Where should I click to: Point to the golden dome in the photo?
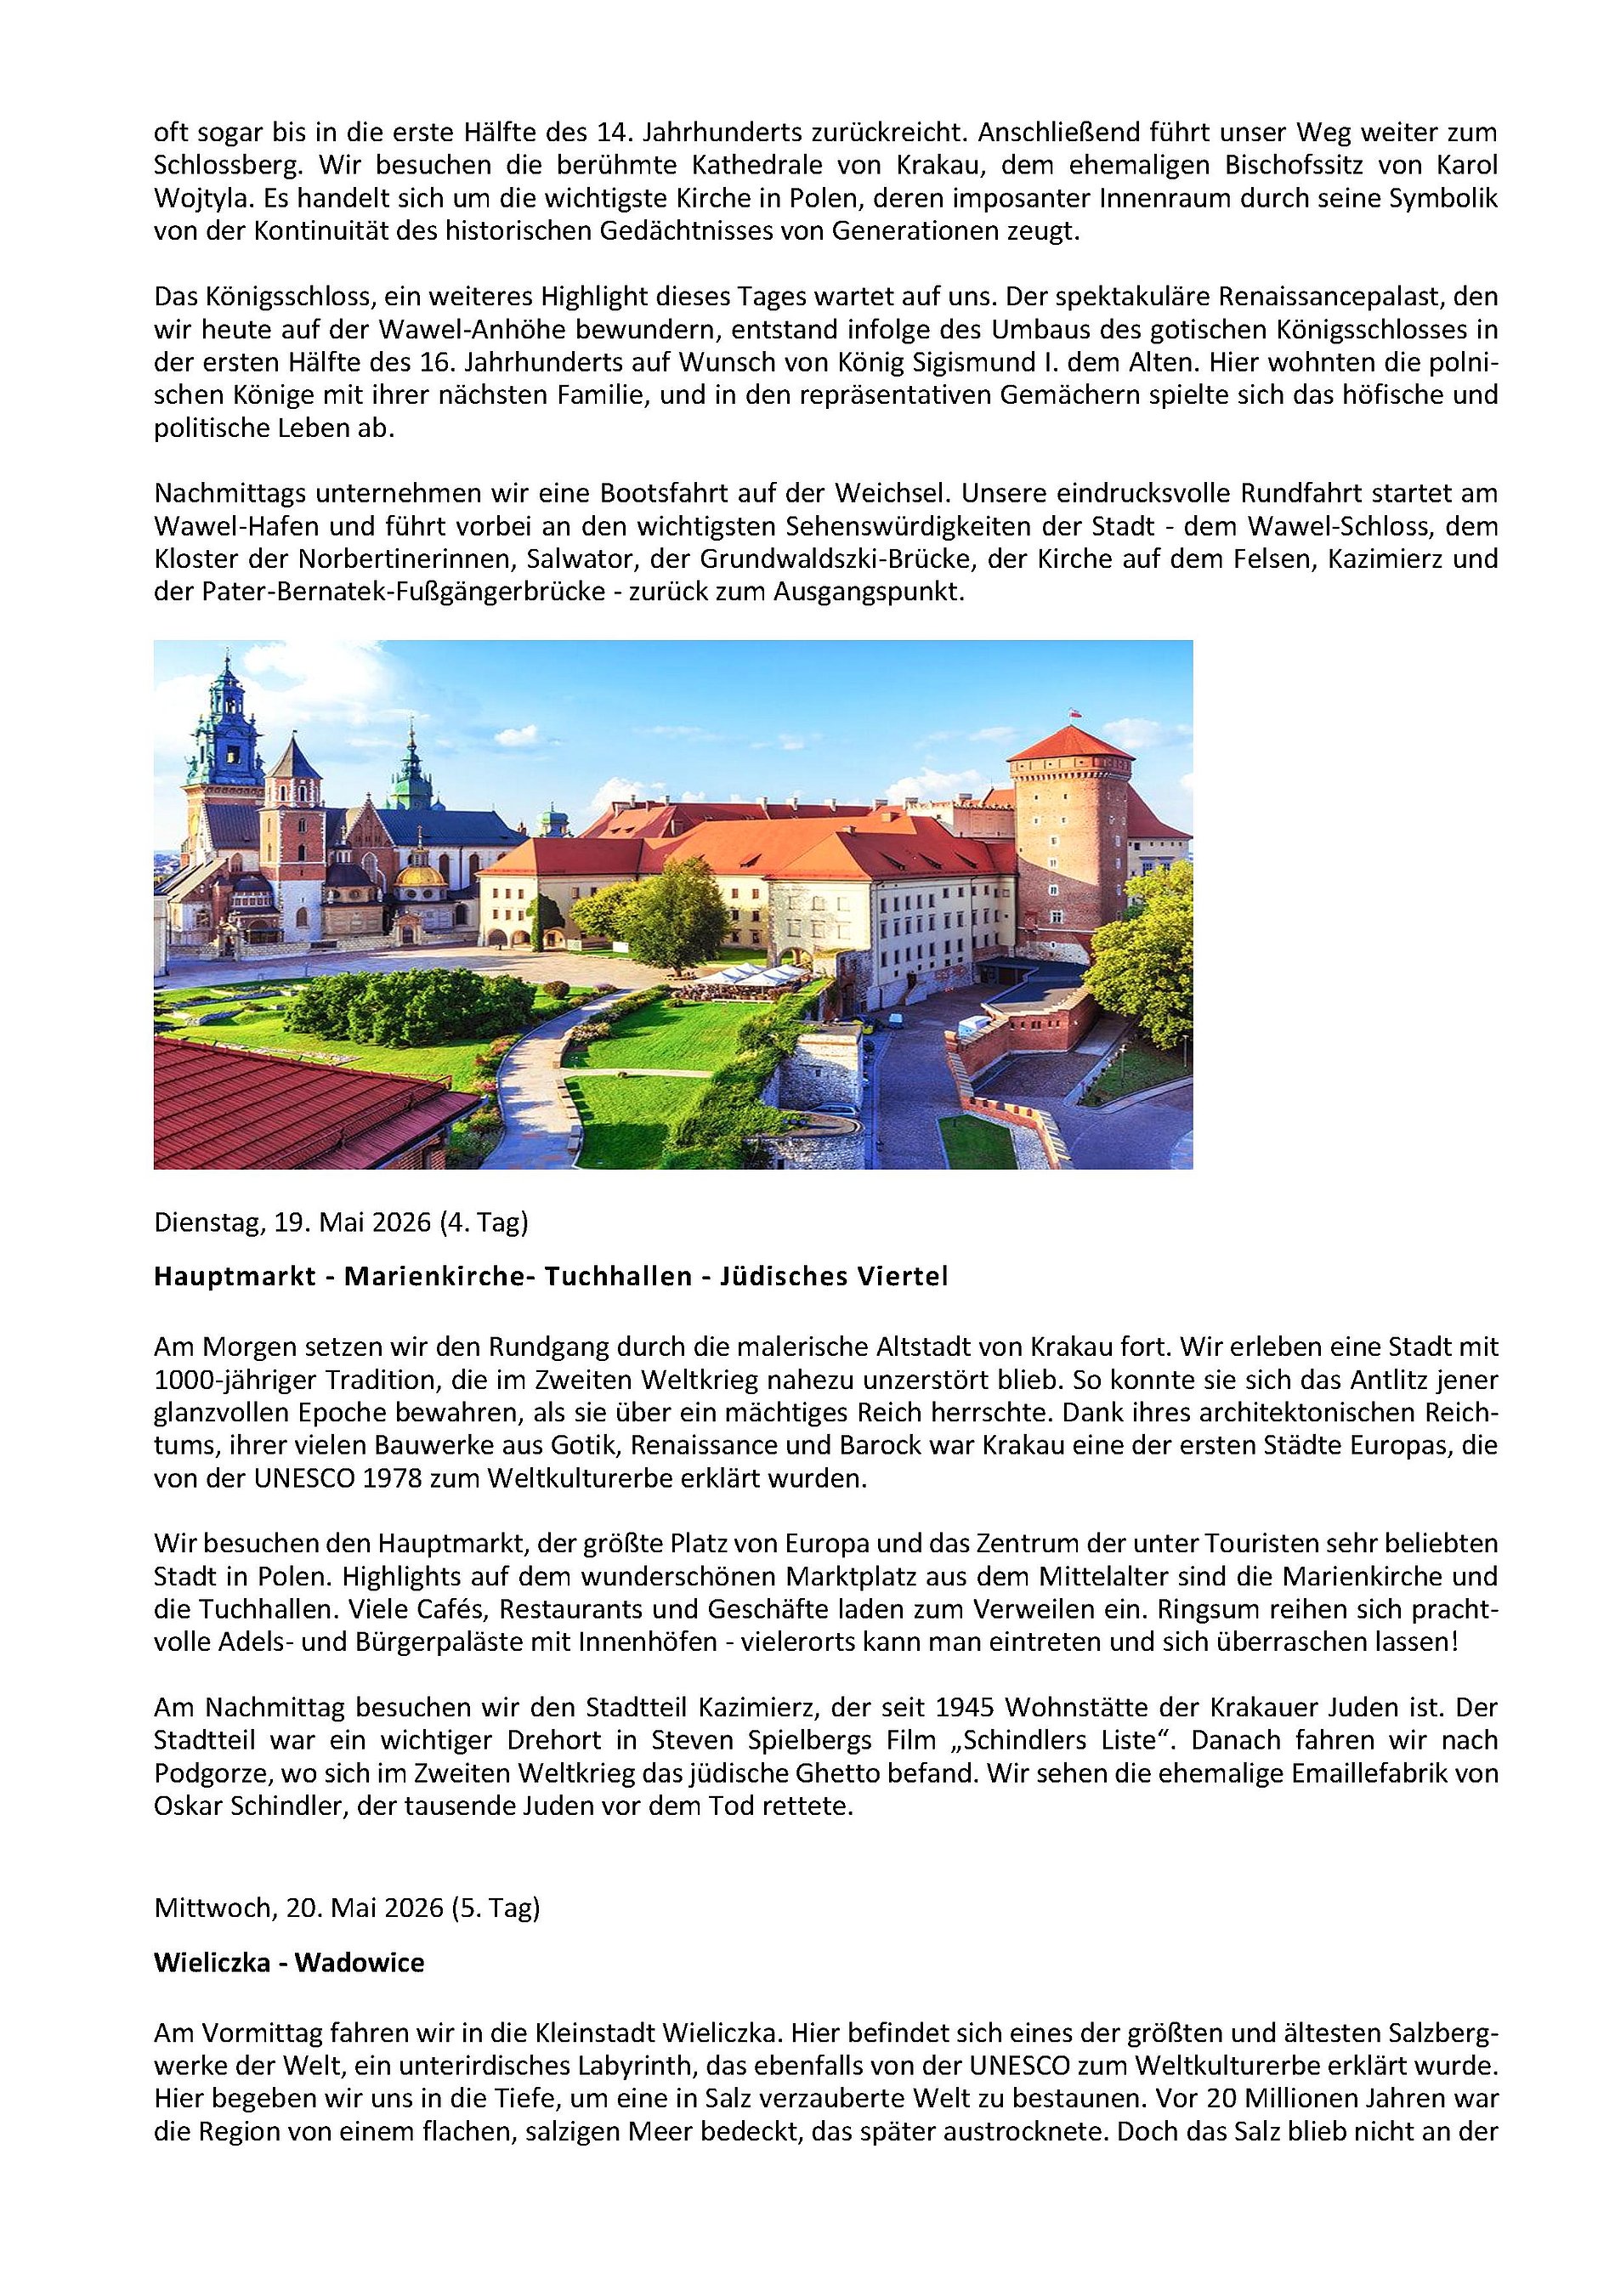pyautogui.click(x=421, y=876)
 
